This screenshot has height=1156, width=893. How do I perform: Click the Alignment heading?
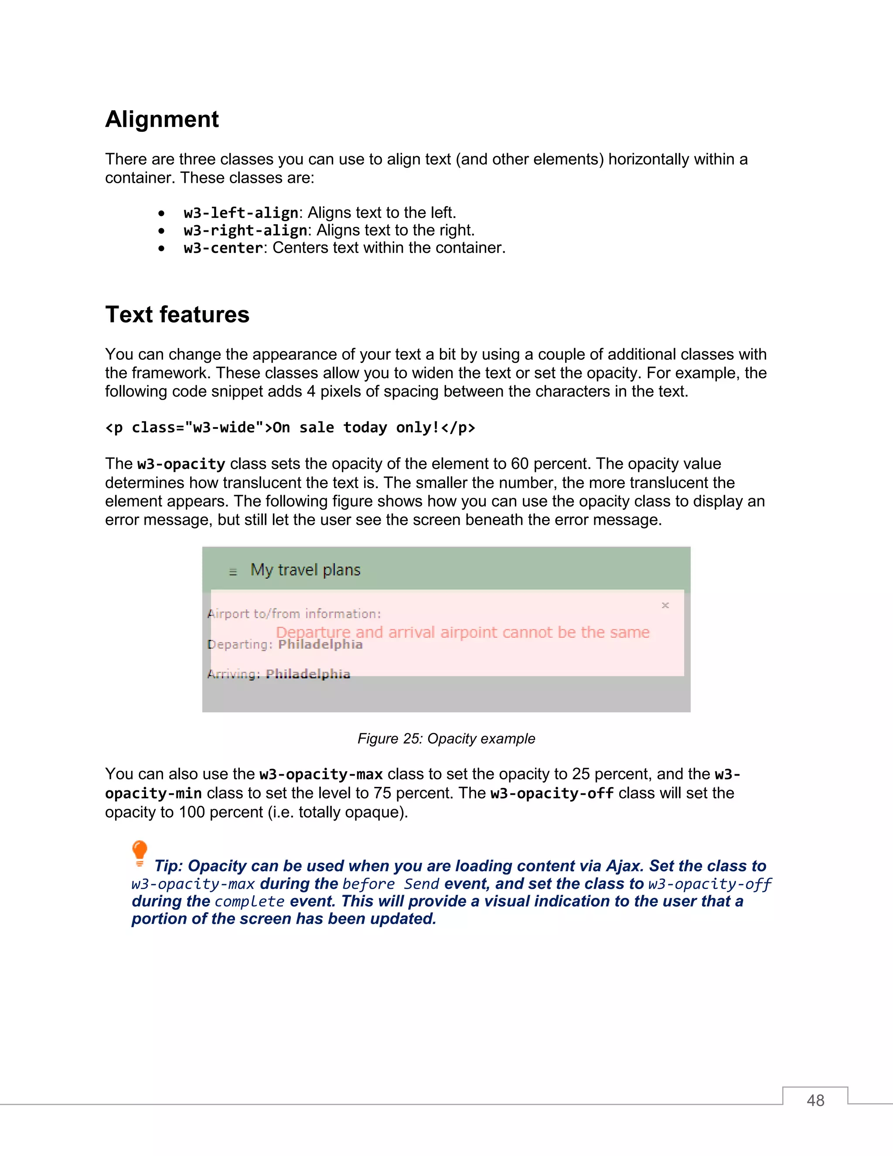[x=162, y=120]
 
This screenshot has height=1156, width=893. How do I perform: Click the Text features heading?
[x=177, y=315]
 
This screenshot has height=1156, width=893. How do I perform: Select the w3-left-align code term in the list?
[x=241, y=213]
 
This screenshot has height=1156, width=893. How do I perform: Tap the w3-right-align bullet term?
[x=245, y=230]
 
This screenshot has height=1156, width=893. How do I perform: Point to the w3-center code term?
[x=223, y=248]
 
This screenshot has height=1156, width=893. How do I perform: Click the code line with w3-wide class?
[x=290, y=427]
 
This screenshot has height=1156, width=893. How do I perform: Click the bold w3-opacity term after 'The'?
[x=181, y=464]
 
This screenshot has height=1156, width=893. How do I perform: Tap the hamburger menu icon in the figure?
[x=233, y=571]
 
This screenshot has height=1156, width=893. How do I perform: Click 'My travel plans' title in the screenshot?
[x=305, y=570]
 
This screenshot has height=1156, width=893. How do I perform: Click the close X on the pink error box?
[x=665, y=605]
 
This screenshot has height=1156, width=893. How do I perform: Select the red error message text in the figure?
[x=462, y=632]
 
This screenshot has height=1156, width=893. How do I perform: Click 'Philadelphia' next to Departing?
[x=320, y=645]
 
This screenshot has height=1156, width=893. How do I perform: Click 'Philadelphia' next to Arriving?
[x=308, y=674]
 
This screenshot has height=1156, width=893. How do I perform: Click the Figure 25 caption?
[x=446, y=739]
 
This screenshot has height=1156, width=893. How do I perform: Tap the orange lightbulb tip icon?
[x=140, y=852]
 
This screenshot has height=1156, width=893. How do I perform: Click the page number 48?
[x=815, y=1101]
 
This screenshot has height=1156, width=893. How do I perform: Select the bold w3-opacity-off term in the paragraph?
[x=552, y=793]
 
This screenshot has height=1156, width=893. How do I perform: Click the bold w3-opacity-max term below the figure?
[x=320, y=774]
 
